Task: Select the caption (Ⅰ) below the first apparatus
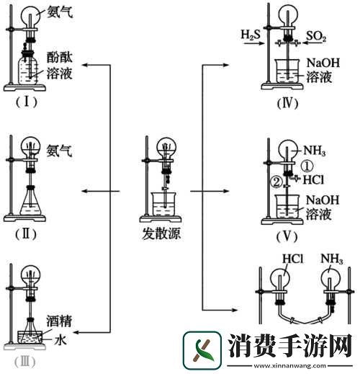click(x=27, y=101)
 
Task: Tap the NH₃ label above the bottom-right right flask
click(x=331, y=258)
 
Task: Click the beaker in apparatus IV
click(x=288, y=72)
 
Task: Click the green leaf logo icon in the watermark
click(x=204, y=350)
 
